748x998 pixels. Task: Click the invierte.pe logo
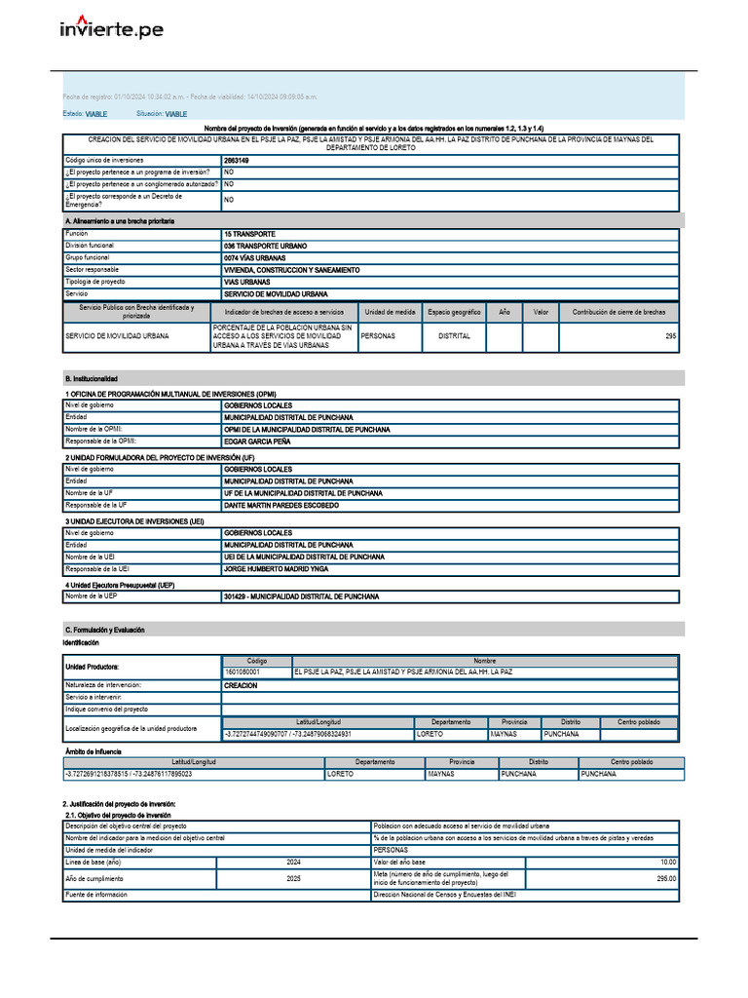[x=111, y=28]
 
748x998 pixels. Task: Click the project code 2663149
[x=236, y=160]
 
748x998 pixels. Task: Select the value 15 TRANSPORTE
[x=249, y=234]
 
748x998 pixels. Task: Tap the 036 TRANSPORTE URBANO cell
[x=265, y=247]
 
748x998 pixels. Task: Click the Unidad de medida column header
[x=390, y=312]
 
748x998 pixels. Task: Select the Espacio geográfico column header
[x=454, y=312]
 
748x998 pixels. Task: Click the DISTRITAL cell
[x=454, y=336]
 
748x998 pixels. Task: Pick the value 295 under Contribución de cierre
[x=670, y=336]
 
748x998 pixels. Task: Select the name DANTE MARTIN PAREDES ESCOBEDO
[x=281, y=506]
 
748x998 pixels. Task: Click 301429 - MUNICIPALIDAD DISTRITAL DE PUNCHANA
[x=301, y=596]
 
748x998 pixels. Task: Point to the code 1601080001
[x=243, y=672]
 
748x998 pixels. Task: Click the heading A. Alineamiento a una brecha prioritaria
[x=119, y=222]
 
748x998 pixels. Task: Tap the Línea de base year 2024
[x=293, y=863]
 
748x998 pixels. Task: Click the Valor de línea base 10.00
[x=667, y=863]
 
